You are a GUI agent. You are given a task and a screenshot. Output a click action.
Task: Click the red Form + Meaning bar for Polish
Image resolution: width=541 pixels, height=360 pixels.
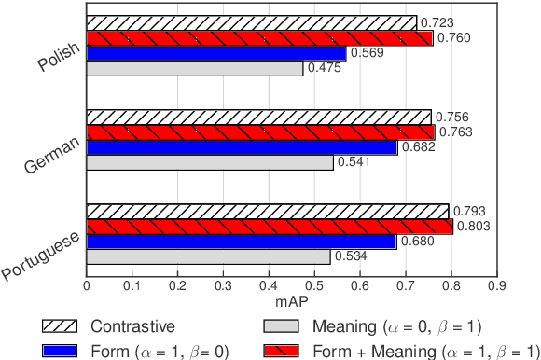(x=259, y=38)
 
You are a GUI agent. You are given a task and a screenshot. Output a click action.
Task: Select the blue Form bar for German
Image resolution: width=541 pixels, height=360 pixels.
(x=242, y=147)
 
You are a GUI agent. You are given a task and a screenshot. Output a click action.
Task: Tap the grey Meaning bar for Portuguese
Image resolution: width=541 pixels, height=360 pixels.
(x=208, y=256)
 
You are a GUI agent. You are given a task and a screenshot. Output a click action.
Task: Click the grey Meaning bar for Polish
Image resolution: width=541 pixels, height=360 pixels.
(x=194, y=68)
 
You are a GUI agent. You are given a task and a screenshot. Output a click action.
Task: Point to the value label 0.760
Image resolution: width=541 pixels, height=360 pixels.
(x=452, y=38)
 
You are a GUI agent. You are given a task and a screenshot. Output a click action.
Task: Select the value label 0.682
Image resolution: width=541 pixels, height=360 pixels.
(x=417, y=147)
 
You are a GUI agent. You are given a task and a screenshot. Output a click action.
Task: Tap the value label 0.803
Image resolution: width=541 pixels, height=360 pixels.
(x=472, y=226)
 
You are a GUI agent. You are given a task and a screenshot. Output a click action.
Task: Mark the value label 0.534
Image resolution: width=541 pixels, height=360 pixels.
(x=350, y=256)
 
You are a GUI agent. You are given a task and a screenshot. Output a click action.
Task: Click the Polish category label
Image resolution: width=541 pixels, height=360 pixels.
(x=59, y=59)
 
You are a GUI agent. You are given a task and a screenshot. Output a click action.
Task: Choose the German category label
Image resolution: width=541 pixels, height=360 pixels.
(x=53, y=149)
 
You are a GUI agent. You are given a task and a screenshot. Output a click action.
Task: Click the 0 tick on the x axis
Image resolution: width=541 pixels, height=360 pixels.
(x=87, y=286)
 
